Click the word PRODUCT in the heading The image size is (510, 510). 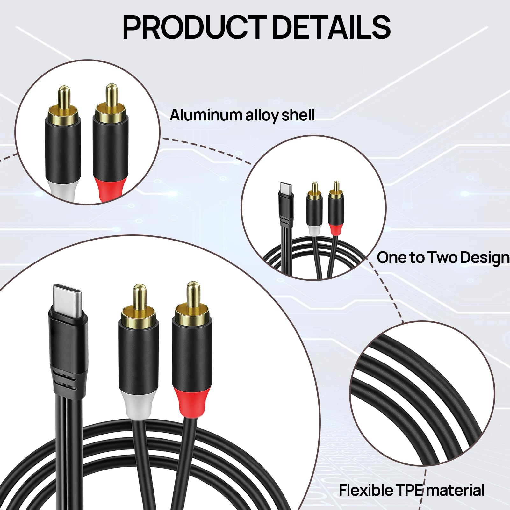coord(194,27)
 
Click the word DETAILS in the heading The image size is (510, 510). coord(331,27)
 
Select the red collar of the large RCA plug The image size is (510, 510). coord(192,402)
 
